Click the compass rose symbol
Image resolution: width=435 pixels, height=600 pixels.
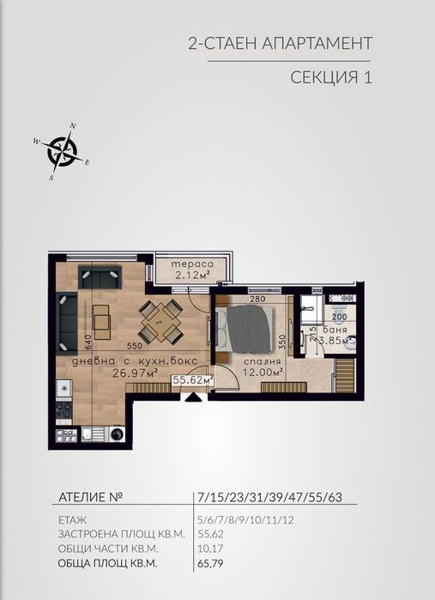click(x=61, y=151)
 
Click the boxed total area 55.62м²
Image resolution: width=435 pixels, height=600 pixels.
click(x=193, y=379)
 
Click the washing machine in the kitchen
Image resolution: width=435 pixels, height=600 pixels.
click(x=117, y=434)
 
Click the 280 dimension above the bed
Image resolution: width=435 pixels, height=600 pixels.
click(x=255, y=300)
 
